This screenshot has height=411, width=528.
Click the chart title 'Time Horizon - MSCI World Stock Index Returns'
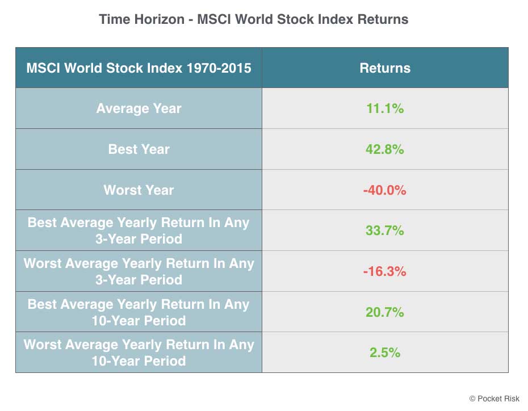point(254,19)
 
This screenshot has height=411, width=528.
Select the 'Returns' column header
point(385,68)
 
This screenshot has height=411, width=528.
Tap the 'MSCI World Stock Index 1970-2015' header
point(139,68)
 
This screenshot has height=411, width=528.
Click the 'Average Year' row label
point(139,108)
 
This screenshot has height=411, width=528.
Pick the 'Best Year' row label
point(139,149)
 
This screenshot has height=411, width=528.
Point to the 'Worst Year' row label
point(139,190)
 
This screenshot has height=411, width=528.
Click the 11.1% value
point(385,108)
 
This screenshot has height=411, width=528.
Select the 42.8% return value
point(385,149)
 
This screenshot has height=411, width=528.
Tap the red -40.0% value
point(385,190)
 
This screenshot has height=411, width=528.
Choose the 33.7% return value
point(385,230)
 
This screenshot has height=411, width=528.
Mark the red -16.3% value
point(385,271)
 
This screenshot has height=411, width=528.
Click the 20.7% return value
point(385,312)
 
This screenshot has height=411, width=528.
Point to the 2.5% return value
point(385,353)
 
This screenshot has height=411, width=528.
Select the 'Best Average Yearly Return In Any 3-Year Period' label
point(139,230)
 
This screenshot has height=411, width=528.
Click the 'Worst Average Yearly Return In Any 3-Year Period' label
point(139,271)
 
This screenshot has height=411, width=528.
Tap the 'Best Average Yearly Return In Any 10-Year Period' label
point(139,312)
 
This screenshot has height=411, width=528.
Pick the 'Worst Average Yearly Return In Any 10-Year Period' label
point(139,353)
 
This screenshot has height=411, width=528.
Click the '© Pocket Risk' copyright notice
point(495,399)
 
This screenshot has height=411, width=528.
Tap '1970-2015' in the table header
point(219,68)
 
